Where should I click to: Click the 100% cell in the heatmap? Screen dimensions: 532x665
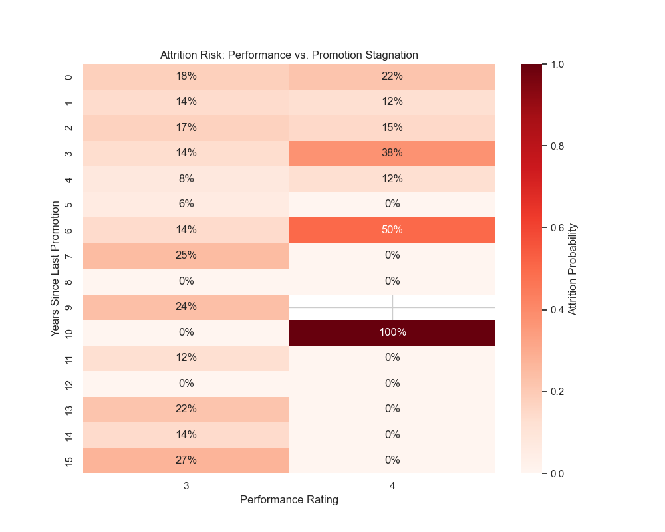coord(392,332)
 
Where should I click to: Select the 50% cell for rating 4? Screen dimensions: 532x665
coord(392,230)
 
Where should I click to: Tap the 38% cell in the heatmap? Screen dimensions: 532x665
coord(392,153)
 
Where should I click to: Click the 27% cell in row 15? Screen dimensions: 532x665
coord(186,460)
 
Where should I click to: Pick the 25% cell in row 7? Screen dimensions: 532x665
coord(186,255)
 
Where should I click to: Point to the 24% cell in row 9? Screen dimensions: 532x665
coord(186,307)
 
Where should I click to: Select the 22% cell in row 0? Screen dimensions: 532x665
coord(392,76)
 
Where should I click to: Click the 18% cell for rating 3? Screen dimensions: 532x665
coord(186,76)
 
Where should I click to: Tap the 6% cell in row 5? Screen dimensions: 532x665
coord(186,204)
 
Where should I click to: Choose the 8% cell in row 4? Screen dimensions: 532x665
coord(186,179)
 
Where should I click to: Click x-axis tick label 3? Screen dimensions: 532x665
coord(186,486)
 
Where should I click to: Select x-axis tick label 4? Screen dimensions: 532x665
coord(392,486)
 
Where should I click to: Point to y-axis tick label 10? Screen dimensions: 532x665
coord(68,332)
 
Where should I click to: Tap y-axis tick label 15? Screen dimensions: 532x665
coord(68,460)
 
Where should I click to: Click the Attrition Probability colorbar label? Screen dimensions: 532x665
coord(573,269)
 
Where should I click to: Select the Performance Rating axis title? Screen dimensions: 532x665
coord(289,500)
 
